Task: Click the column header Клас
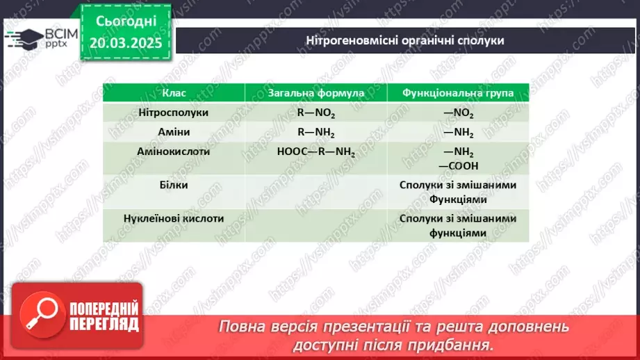(x=174, y=93)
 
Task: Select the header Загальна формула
(x=316, y=93)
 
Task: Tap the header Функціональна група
(x=458, y=93)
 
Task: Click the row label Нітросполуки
(x=174, y=113)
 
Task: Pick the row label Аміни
(x=174, y=132)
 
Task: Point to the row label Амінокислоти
(x=174, y=151)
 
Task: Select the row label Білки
(x=174, y=185)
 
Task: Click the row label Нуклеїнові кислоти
(x=174, y=218)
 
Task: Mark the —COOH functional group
(x=458, y=165)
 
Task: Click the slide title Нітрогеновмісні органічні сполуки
(x=405, y=40)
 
